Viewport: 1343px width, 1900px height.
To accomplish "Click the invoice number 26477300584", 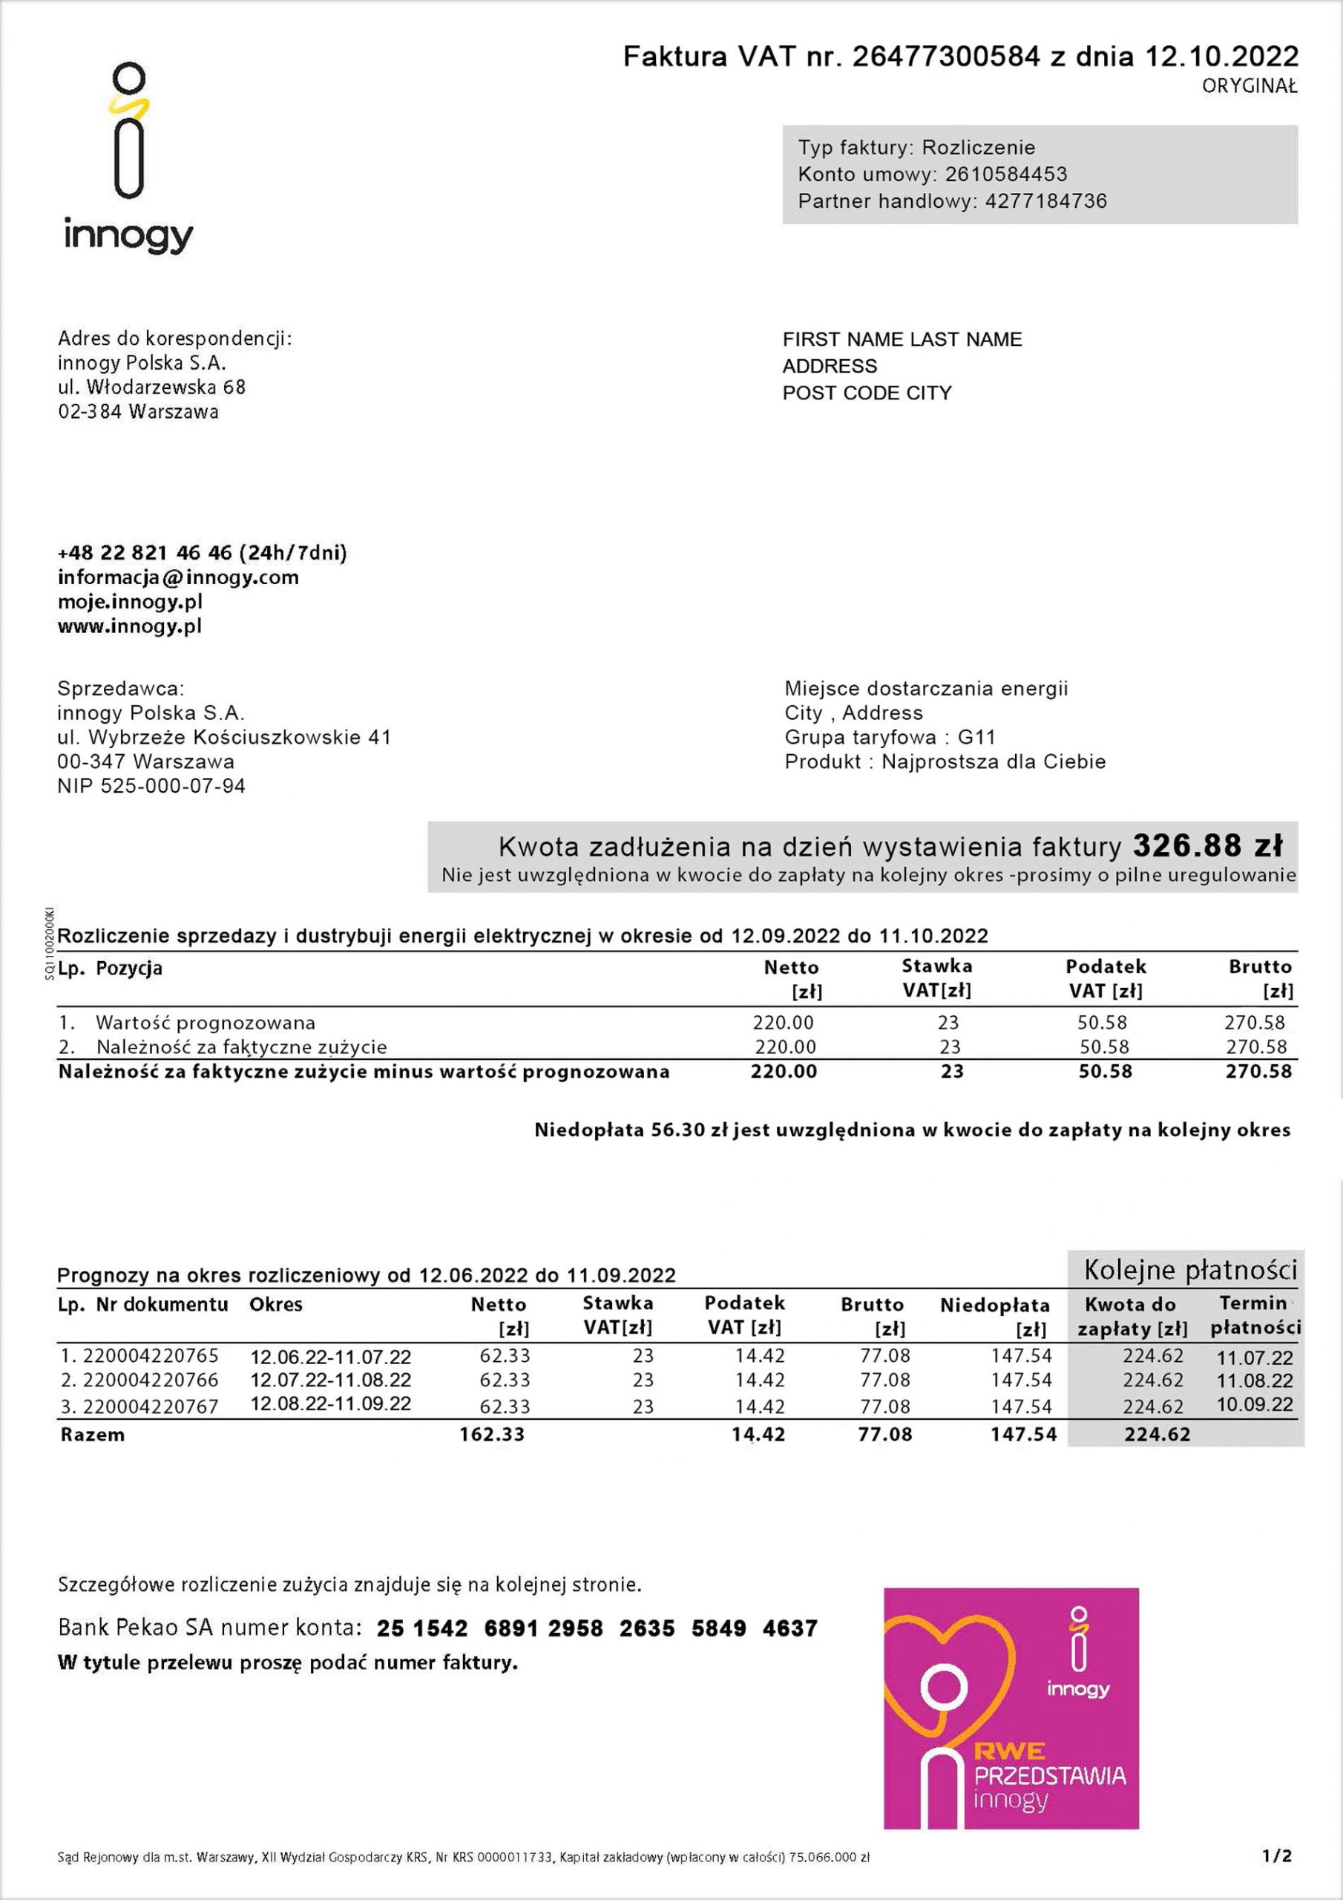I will coord(946,56).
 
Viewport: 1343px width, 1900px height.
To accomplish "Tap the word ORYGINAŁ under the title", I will coord(1250,86).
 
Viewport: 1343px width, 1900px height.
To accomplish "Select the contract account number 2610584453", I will coord(1005,174).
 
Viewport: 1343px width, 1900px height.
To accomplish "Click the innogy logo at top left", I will coord(129,157).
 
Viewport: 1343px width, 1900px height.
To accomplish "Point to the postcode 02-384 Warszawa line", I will coord(138,411).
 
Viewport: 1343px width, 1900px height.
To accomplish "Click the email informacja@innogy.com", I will coord(178,577).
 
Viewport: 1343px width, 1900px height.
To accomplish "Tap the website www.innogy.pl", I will coord(130,626).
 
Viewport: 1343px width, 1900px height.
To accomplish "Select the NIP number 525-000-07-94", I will coord(173,786).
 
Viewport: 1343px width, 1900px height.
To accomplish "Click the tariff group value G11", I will coord(976,737).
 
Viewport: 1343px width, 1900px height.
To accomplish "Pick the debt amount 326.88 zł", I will coord(1207,846).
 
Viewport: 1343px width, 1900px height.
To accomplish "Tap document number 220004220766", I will coord(151,1380).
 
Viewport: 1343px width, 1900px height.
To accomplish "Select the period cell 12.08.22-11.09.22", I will coord(330,1403).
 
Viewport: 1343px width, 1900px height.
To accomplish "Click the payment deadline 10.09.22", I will coord(1255,1404).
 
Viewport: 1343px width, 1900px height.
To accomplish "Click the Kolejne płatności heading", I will coord(1190,1270).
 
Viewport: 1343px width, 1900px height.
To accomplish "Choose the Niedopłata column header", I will coord(994,1306).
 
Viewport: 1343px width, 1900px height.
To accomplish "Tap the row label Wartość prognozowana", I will coord(206,1023).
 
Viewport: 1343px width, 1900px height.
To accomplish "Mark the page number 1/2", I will coord(1277,1856).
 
